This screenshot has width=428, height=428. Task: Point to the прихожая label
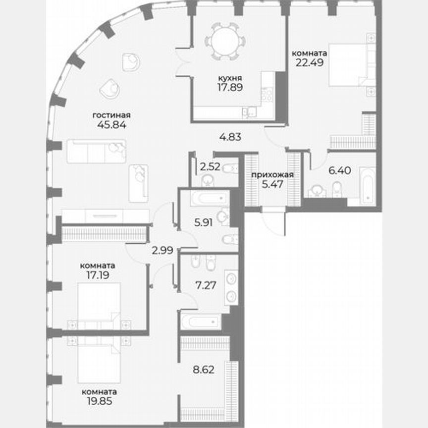click(x=272, y=174)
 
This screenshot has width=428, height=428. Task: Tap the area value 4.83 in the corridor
click(x=230, y=137)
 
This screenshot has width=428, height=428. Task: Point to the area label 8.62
click(x=203, y=369)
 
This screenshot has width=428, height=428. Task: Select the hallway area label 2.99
click(x=162, y=250)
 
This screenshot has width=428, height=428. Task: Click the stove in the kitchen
click(x=267, y=94)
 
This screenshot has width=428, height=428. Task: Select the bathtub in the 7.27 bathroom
click(x=201, y=321)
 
